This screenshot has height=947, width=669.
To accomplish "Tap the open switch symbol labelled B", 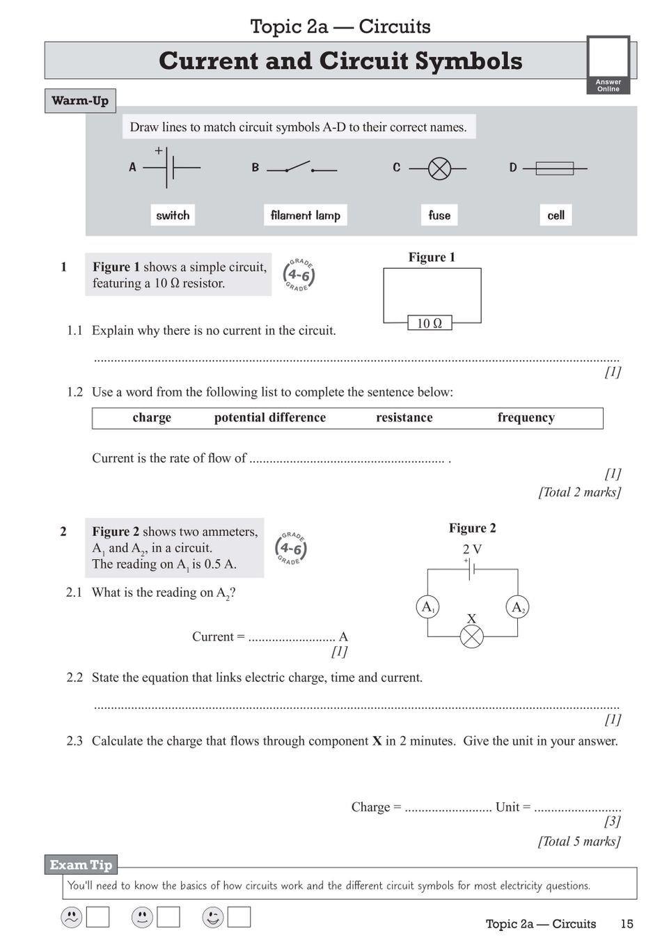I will pos(301,168).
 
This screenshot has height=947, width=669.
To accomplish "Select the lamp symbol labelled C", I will pos(439,169).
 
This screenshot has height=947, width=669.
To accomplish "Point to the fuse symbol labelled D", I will pos(555,169).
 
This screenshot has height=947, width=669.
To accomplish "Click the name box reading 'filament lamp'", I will pos(305,215).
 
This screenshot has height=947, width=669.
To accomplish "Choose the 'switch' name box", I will pos(173,215).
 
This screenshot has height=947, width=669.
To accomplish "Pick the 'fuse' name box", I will pos(439,215).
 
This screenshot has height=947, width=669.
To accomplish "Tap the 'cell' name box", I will pos(556,215).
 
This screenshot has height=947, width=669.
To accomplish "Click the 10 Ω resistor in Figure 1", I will pos(430,323).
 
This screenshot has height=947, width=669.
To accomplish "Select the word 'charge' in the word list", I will pos(152,418).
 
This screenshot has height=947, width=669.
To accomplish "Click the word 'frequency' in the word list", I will pos(526,418).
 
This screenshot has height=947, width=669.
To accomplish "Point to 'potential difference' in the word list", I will pos(270,418).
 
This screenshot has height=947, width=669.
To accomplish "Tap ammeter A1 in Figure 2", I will pos(427,606).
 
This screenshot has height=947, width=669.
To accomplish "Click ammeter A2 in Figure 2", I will pos(517,607).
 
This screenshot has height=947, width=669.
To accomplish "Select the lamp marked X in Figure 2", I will pos(472,636).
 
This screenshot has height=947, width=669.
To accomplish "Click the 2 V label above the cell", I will pos(472,549).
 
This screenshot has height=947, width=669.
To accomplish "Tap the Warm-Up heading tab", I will pos(80,101).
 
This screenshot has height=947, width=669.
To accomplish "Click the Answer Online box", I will pos(608,64).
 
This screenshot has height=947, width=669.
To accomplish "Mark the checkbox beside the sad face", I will pos(97,917).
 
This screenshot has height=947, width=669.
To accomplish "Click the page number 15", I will pos(627,924).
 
